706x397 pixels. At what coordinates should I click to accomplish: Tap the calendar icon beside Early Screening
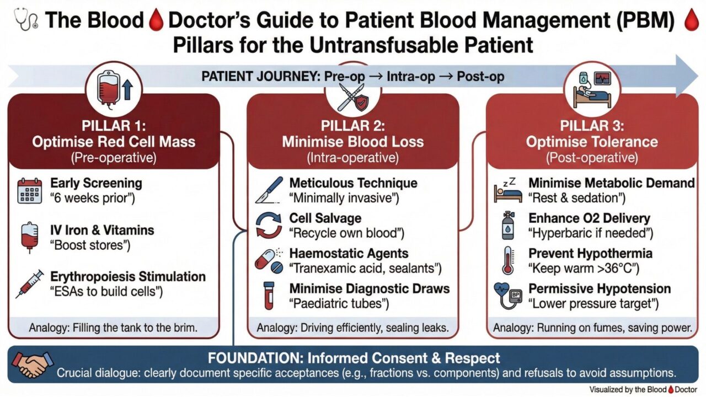[29, 191]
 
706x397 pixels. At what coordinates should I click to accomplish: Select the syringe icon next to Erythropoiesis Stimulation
[31, 284]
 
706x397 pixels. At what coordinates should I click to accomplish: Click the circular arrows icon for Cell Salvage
[269, 226]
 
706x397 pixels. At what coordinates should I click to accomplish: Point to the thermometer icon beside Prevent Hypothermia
[507, 261]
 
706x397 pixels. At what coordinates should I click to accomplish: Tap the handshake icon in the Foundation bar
[31, 364]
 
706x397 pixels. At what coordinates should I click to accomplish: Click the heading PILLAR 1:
[113, 125]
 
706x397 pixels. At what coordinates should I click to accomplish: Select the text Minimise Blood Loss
[353, 142]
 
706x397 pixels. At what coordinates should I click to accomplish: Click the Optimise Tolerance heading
[592, 142]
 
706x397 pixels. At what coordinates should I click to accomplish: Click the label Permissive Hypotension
[600, 289]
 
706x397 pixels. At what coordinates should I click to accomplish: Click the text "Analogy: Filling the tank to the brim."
[113, 328]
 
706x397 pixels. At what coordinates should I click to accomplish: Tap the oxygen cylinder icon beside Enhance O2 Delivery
[507, 226]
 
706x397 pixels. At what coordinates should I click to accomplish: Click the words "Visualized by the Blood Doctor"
[643, 389]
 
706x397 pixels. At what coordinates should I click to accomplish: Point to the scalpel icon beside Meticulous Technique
[269, 190]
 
